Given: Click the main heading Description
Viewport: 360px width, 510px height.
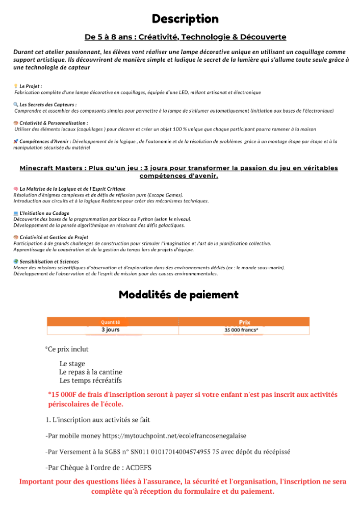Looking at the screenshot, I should click(x=185, y=19).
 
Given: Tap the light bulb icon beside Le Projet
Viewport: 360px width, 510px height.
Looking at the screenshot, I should click(x=16, y=86).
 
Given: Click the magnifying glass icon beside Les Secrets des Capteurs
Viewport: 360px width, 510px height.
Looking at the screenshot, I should click(x=16, y=105).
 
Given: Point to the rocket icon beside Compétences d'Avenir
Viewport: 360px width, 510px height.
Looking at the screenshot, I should click(x=16, y=141).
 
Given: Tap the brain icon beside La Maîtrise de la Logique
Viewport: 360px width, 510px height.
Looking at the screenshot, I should click(x=16, y=189).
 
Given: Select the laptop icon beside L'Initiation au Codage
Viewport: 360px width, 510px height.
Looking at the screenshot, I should click(x=16, y=213).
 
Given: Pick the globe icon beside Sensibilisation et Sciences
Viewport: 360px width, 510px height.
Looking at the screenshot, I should click(x=16, y=262).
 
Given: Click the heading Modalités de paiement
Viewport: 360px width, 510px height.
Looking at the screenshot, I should click(x=178, y=295).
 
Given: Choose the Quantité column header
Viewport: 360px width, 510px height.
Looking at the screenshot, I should click(x=111, y=322).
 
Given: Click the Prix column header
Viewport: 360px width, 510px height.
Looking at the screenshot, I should click(x=245, y=322).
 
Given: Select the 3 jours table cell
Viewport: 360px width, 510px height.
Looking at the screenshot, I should click(x=111, y=330).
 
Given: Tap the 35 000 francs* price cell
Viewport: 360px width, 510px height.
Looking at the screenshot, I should click(x=242, y=330).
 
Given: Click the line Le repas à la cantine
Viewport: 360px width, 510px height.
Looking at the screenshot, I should click(x=91, y=372).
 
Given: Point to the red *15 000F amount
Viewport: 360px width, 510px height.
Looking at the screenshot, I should click(x=65, y=395).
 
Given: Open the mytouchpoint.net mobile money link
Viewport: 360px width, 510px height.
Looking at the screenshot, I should click(x=174, y=436).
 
